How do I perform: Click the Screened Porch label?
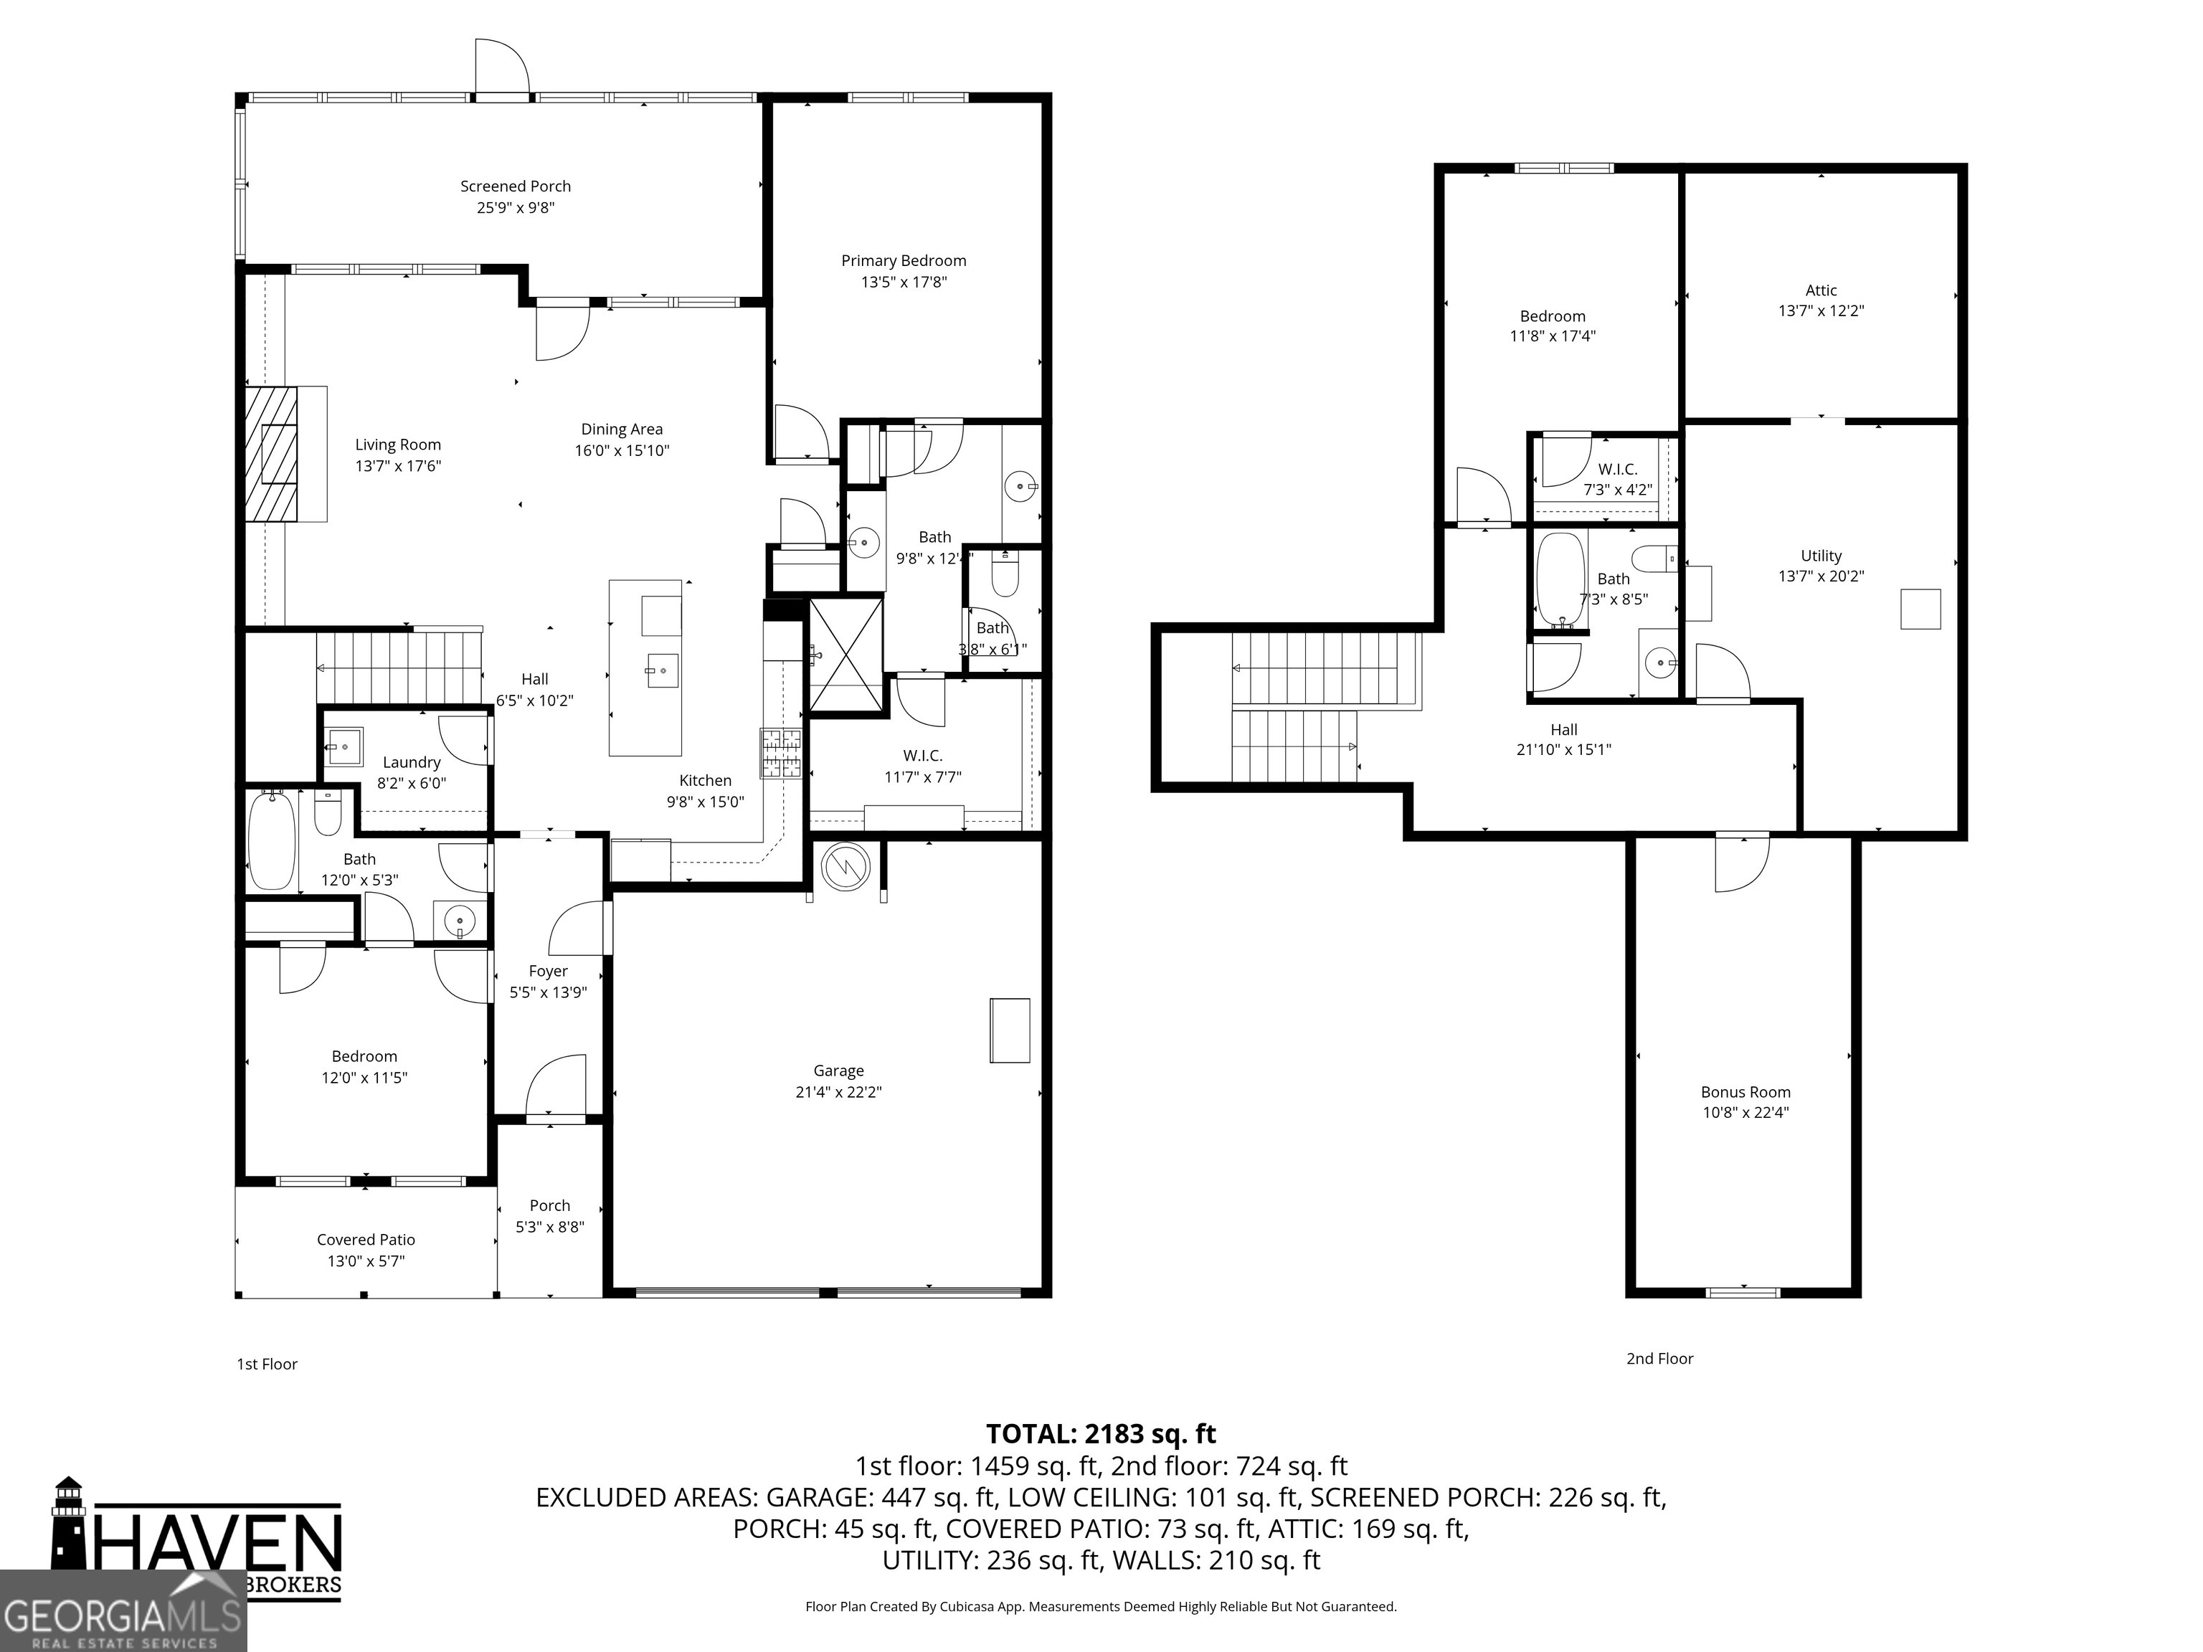[x=515, y=186]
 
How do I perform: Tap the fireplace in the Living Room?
[x=273, y=453]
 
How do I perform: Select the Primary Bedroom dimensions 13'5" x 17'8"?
[x=904, y=282]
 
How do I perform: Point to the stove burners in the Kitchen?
[x=781, y=753]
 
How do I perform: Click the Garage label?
[x=838, y=1071]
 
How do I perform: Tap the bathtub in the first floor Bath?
[x=272, y=840]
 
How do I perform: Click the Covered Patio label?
[x=366, y=1240]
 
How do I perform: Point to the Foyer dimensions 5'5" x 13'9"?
[x=548, y=992]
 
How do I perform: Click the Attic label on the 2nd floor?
[x=1821, y=290]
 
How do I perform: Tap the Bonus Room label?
[x=1745, y=1091]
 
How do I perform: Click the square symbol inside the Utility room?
[x=1920, y=609]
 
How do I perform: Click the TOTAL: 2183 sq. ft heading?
[x=1101, y=1434]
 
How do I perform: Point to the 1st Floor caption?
[x=267, y=1364]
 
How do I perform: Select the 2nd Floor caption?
[x=1659, y=1358]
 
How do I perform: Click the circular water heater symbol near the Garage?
[x=845, y=866]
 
